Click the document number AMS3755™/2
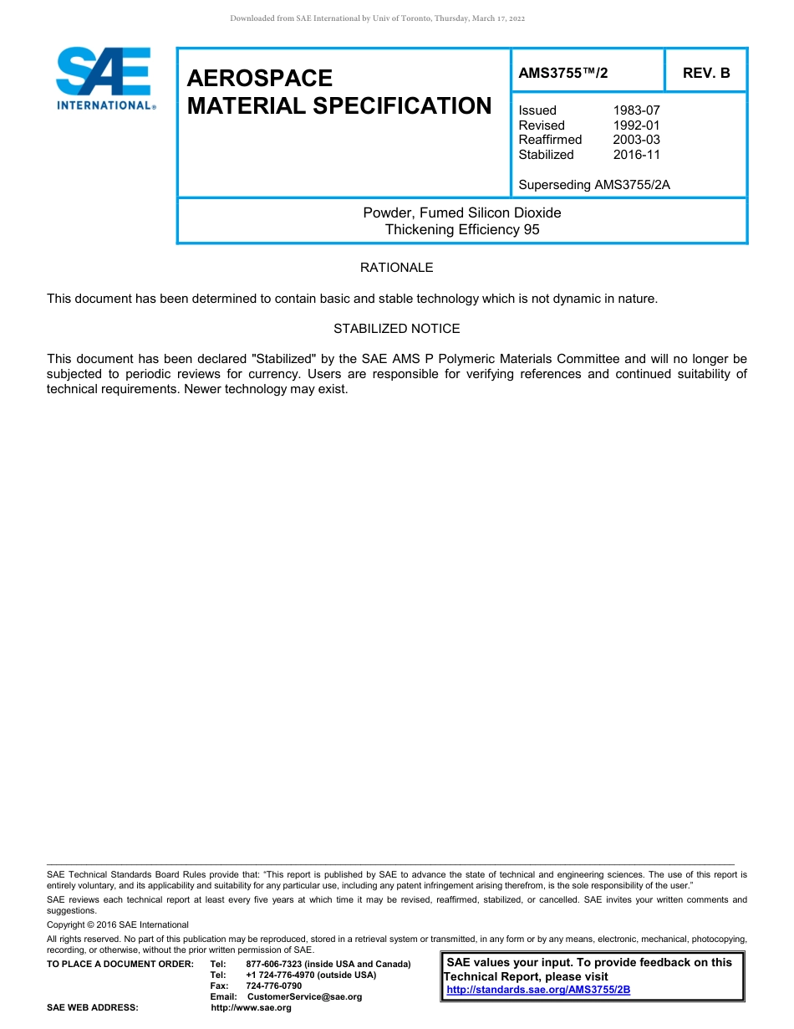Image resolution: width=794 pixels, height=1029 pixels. (x=563, y=73)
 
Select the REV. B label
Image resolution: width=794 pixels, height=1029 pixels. (x=706, y=73)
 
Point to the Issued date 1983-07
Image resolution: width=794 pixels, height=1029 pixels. (x=636, y=110)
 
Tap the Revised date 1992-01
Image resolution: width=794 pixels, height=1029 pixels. (x=636, y=125)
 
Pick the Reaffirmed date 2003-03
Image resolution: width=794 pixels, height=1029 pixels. (x=636, y=140)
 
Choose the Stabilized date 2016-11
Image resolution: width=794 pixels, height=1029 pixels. (x=636, y=155)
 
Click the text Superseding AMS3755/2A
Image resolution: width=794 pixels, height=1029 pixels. (x=594, y=185)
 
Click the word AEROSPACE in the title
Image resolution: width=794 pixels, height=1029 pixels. (x=260, y=79)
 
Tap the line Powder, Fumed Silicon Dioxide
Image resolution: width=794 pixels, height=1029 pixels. (x=461, y=212)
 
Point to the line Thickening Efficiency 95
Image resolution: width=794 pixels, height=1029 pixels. (x=461, y=229)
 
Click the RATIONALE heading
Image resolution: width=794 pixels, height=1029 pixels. (x=396, y=268)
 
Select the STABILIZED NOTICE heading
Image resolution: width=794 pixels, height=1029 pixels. (x=396, y=329)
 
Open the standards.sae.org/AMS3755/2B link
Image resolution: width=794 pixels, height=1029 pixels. (x=538, y=990)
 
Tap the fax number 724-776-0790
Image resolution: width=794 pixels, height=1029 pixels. (x=273, y=985)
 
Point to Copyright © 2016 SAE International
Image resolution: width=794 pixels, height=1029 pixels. (x=118, y=924)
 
